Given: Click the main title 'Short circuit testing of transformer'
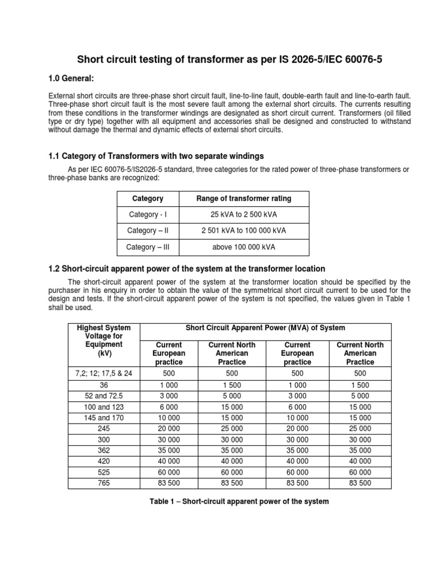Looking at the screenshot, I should [x=221, y=60].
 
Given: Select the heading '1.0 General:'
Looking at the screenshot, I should [x=72, y=78].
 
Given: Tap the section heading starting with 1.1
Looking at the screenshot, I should [x=156, y=156].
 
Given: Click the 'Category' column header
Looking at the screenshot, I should [x=148, y=198].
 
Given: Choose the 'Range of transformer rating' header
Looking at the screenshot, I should [x=243, y=198].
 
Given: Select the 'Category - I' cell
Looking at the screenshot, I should [x=148, y=214].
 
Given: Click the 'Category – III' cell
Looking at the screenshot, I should [x=148, y=247].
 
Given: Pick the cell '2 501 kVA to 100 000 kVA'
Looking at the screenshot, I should [x=243, y=230].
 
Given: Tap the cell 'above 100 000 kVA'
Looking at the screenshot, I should [x=243, y=247].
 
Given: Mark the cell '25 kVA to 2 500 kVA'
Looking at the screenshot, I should [x=243, y=214].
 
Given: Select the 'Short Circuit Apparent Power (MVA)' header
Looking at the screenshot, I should [x=265, y=328].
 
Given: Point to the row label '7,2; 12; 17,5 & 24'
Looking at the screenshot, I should [x=104, y=373].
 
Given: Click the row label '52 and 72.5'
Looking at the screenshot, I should [x=104, y=395].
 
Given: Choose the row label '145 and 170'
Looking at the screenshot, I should [x=104, y=417].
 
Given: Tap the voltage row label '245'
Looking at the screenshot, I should [x=104, y=428].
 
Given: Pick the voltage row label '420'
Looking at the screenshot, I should [x=104, y=461].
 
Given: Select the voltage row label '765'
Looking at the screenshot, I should [x=104, y=483].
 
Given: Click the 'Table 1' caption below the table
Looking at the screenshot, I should [x=239, y=502].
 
